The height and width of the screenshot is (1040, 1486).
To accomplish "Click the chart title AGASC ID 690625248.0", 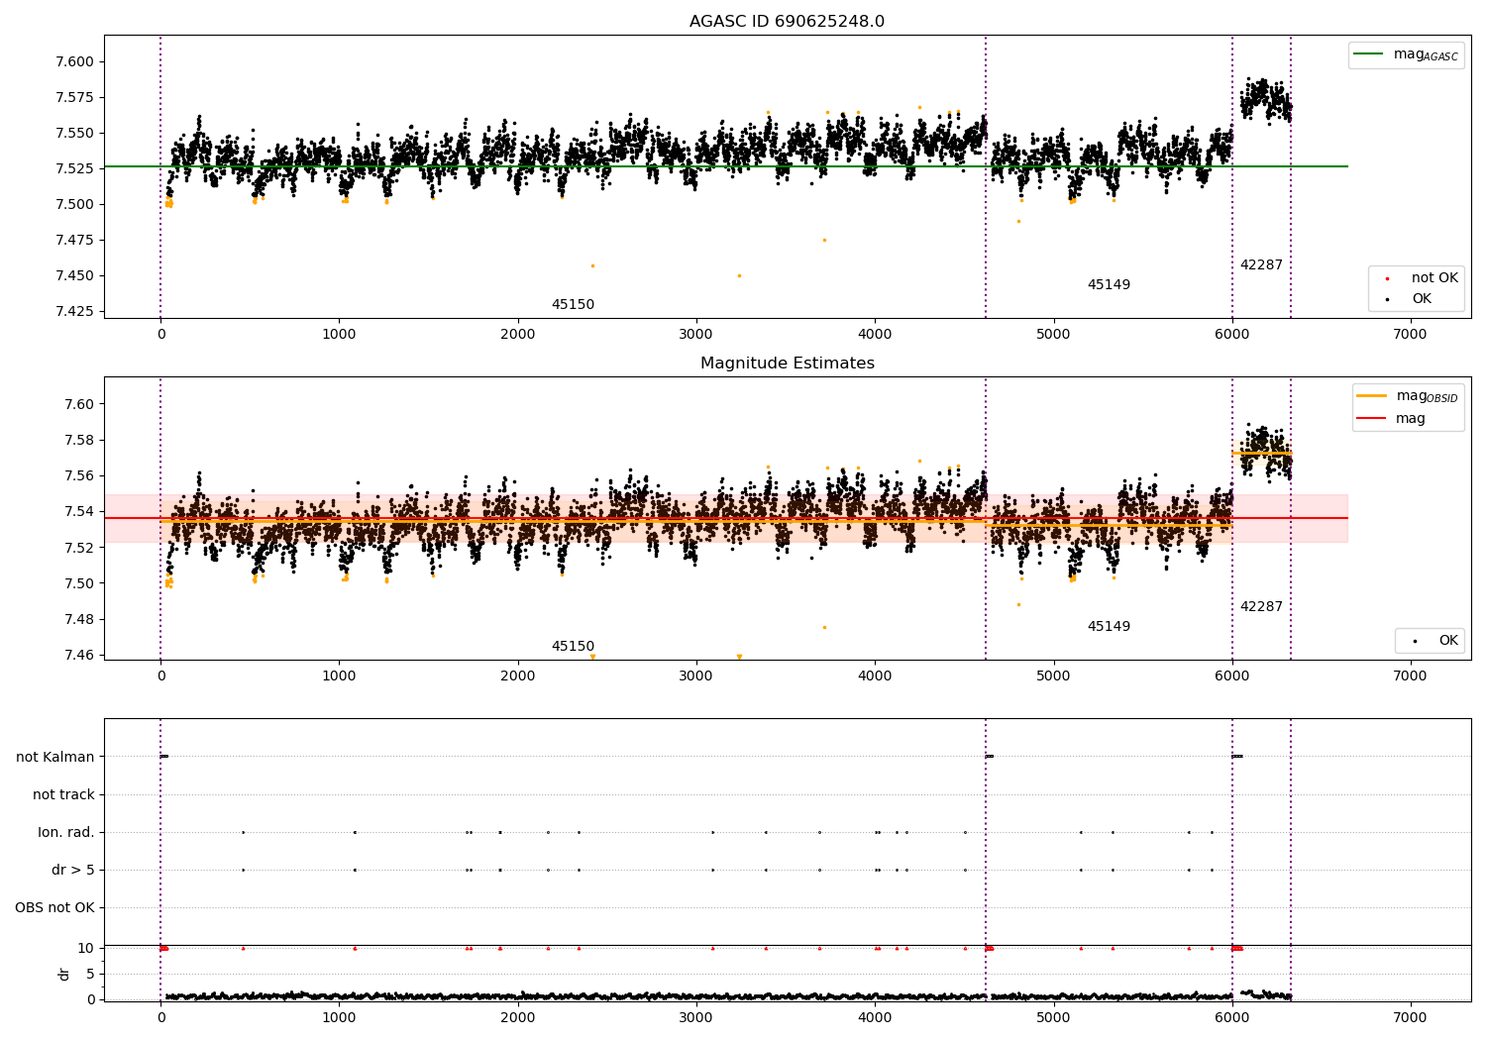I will pos(787,22).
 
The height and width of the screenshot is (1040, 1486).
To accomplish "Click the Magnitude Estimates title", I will pos(787,364).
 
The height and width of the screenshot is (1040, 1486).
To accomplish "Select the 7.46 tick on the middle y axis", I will pos(80,655).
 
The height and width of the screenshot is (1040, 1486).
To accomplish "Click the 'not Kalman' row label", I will pos(55,757).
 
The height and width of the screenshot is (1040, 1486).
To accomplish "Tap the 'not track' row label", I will pos(63,794).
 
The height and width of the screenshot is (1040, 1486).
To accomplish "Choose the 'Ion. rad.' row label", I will pos(66,832).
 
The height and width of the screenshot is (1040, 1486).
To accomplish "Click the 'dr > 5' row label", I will pos(73,870).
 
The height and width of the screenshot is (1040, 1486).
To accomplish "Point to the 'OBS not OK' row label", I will pos(54,907).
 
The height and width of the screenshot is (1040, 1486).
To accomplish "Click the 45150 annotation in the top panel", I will pos(573,305).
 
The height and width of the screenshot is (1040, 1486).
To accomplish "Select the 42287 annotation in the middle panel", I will pos(1261,607).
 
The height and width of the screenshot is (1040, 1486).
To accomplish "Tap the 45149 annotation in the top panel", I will pos(1109,285).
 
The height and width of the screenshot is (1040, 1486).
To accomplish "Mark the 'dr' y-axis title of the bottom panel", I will pos(64,974).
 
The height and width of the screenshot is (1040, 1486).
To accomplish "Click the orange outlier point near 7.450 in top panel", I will pos(739,275).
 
